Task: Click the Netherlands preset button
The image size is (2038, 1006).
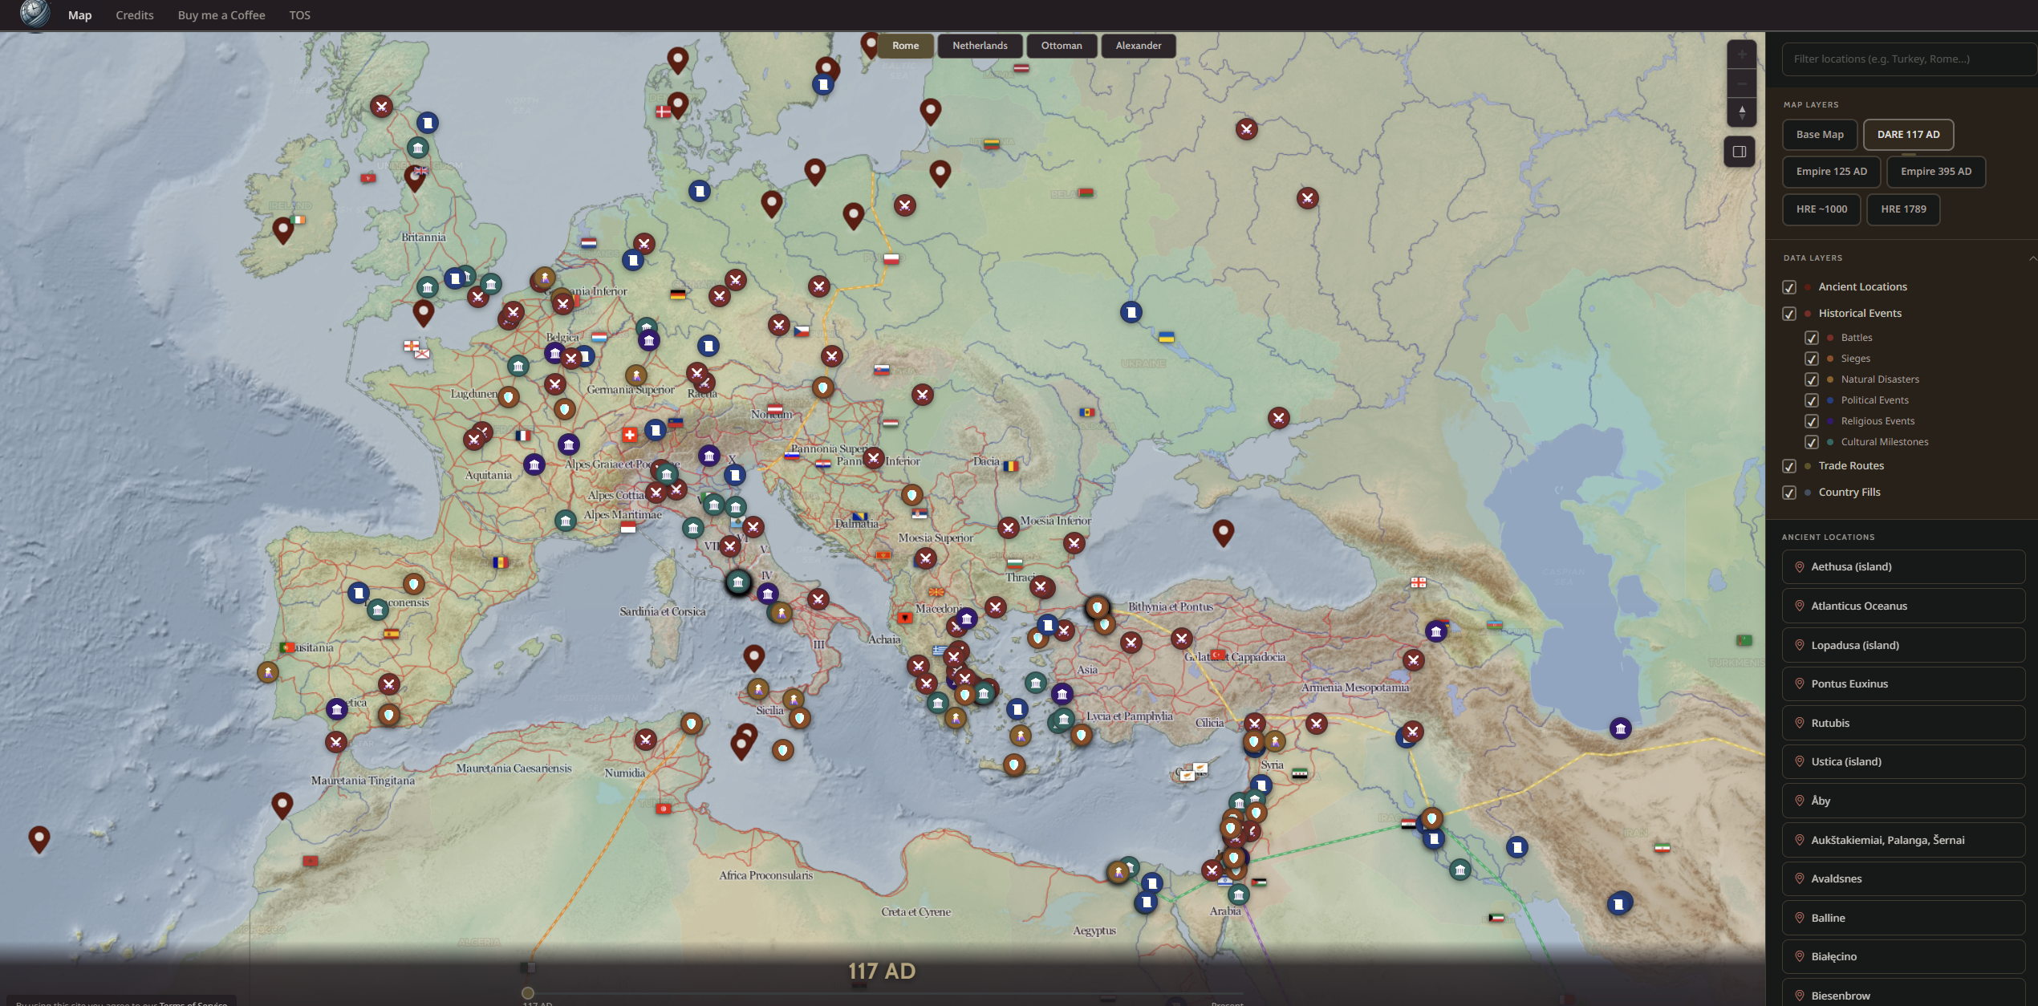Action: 980,46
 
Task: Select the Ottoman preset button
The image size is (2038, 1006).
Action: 1061,46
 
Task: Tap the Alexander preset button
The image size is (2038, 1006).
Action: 1138,46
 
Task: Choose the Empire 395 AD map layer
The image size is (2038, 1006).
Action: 1935,172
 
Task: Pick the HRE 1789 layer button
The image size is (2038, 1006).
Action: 1902,209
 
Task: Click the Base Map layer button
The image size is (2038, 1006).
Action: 1819,135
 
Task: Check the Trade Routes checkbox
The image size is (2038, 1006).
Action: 1789,466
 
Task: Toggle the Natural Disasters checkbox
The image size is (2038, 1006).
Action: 1812,379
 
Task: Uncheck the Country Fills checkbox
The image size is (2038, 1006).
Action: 1789,493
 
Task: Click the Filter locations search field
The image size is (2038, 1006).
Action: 1906,59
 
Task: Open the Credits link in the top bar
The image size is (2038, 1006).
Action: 135,15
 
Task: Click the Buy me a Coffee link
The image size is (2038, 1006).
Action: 221,15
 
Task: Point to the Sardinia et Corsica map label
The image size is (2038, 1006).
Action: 662,612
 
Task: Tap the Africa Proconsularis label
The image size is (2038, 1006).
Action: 765,875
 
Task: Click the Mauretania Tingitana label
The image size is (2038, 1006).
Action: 363,781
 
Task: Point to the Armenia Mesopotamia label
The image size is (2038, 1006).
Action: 1354,688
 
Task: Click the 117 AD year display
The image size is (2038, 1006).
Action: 881,972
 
